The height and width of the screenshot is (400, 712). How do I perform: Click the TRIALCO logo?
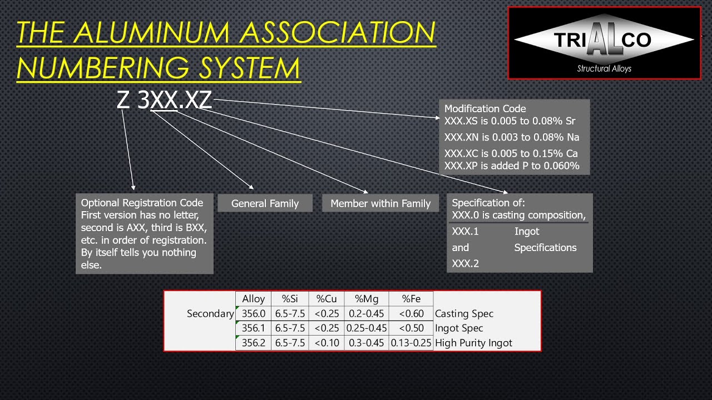click(x=604, y=43)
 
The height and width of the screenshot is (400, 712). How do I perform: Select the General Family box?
click(x=265, y=203)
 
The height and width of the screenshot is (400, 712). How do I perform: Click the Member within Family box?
click(x=380, y=203)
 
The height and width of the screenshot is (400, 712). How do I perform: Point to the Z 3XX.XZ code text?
click(x=165, y=100)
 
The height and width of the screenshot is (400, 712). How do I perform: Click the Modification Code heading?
click(x=485, y=109)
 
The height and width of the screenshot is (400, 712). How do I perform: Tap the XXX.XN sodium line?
click(x=512, y=137)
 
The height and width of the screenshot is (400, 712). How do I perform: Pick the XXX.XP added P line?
click(x=512, y=166)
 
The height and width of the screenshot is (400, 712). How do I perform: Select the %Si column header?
click(x=290, y=299)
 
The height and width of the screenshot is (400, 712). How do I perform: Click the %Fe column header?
click(x=411, y=299)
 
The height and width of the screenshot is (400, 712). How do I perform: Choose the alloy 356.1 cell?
click(x=254, y=328)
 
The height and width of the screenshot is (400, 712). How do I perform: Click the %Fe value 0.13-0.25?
click(x=411, y=343)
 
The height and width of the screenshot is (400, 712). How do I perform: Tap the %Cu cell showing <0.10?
click(x=327, y=343)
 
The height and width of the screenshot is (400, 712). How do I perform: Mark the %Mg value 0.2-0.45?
click(x=367, y=313)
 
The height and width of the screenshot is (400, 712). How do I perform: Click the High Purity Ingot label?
click(x=473, y=343)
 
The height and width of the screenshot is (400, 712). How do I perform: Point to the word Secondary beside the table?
click(x=210, y=313)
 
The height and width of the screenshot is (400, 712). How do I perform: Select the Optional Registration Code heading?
click(x=142, y=203)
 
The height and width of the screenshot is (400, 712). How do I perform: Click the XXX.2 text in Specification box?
click(x=465, y=263)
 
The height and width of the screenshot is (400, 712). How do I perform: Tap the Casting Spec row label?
click(x=464, y=313)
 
